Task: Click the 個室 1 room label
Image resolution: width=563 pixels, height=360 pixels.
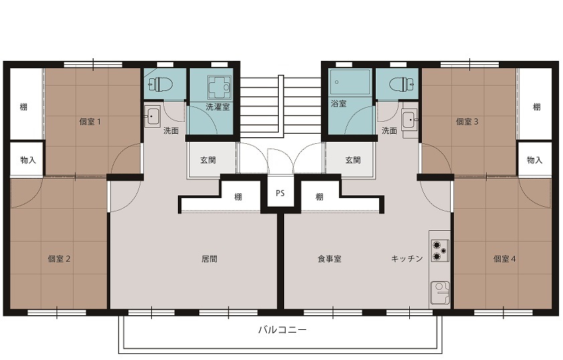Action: [x=90, y=122]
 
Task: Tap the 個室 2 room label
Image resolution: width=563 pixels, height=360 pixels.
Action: [x=59, y=259]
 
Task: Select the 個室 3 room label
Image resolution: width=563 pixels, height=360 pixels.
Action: [x=467, y=122]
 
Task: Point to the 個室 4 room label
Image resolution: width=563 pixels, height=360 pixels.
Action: [x=504, y=259]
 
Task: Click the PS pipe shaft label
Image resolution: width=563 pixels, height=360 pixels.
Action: [x=280, y=193]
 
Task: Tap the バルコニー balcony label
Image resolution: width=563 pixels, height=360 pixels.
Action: [x=282, y=330]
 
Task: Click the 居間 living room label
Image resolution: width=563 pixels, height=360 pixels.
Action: [x=209, y=259]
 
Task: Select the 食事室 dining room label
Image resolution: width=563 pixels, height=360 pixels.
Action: [x=329, y=259]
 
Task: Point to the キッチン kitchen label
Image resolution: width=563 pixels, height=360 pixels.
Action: [x=407, y=259]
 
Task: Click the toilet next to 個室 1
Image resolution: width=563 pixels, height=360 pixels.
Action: [x=160, y=85]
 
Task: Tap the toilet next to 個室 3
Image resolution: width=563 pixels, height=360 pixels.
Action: [x=402, y=85]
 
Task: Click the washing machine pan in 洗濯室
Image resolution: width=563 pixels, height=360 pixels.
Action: [x=219, y=87]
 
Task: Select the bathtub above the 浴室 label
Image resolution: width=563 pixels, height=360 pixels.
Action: [x=350, y=82]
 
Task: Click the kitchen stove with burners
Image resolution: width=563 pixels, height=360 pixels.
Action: [x=440, y=250]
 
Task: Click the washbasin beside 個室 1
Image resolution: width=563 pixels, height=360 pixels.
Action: [x=152, y=116]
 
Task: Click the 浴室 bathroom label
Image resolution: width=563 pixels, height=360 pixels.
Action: [x=338, y=104]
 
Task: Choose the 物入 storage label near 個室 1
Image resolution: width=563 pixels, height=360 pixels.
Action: [x=28, y=160]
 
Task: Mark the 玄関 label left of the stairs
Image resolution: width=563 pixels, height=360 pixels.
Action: [x=208, y=160]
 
